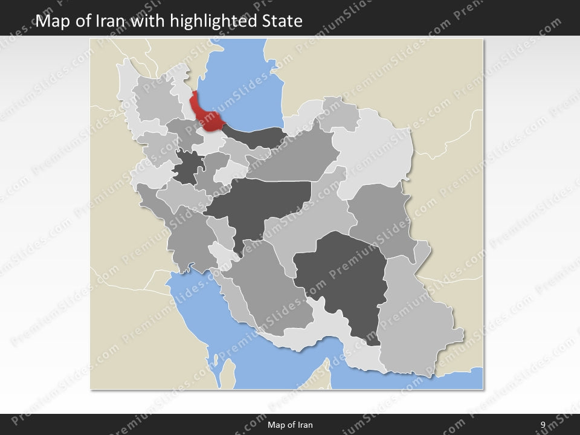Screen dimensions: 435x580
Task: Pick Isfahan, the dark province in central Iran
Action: pyautogui.click(x=260, y=199)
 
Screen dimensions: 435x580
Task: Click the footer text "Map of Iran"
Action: pyautogui.click(x=290, y=425)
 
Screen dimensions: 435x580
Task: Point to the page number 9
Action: pyautogui.click(x=543, y=425)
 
